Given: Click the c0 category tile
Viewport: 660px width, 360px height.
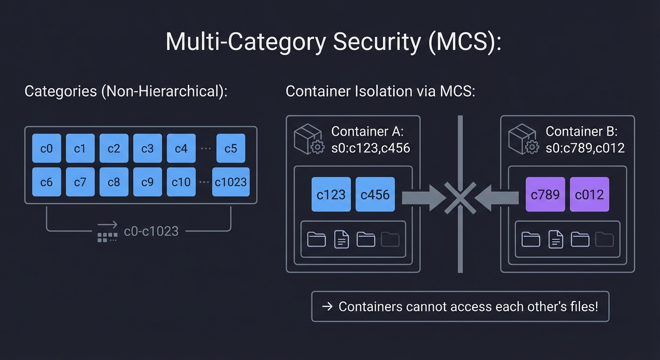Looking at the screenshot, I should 46,148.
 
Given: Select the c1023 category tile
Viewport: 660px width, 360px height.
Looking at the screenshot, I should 231,182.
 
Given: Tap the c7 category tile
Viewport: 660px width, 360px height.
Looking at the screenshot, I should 80,182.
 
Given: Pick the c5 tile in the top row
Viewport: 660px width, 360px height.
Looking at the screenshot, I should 231,148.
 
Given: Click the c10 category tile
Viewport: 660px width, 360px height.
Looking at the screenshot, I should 181,182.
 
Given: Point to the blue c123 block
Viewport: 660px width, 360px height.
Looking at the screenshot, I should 331,194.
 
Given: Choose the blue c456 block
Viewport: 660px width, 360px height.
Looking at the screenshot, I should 375,194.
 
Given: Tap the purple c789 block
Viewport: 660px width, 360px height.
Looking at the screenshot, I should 545,194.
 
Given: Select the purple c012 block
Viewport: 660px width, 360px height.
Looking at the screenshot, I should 589,194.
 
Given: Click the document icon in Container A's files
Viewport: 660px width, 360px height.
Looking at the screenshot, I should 341,240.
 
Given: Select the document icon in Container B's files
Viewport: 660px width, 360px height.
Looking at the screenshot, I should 555,240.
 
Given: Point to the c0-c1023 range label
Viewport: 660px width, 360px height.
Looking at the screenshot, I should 151,231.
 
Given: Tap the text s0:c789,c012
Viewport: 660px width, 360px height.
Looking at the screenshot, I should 585,148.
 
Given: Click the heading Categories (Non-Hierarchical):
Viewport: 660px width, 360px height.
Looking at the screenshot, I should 126,91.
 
